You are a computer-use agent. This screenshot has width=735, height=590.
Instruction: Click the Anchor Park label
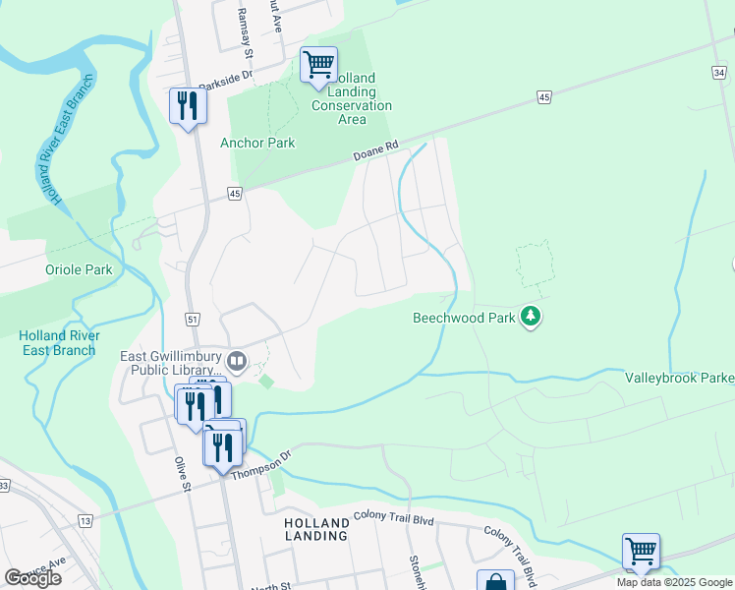257,143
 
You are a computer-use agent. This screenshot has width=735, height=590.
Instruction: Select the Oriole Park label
79,269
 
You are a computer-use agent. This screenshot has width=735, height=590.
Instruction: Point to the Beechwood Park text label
464,318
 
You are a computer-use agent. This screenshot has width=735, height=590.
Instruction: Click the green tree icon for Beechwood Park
532,317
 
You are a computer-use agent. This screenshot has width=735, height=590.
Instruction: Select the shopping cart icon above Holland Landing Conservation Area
318,65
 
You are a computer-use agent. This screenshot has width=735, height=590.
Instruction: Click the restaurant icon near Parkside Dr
188,106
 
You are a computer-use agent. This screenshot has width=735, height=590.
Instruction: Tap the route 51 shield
192,320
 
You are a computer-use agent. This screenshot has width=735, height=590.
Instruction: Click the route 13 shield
85,520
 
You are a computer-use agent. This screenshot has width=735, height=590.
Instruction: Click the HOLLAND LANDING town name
315,529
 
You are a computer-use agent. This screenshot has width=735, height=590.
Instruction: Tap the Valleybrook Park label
679,378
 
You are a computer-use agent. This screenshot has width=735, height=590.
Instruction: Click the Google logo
32,577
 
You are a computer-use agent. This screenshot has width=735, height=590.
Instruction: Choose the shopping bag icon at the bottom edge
495,581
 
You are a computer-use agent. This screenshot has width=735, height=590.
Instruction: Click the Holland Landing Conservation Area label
352,98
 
